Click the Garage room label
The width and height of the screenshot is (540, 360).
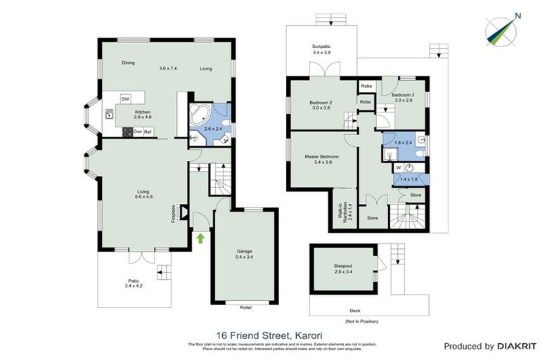tap(244, 254)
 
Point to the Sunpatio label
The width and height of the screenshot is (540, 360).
tap(321, 49)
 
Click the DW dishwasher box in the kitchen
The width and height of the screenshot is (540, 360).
tap(125, 98)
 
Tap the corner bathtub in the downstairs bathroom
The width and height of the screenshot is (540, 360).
tap(198, 114)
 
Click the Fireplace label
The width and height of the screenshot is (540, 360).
tap(173, 214)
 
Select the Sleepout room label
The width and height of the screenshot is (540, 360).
tap(344, 268)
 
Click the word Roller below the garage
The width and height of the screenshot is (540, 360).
tap(245, 307)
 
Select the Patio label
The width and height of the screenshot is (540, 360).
tap(132, 283)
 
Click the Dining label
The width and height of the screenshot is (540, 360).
tap(128, 63)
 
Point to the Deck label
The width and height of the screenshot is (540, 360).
tap(354, 310)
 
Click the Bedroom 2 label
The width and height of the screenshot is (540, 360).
tap(321, 105)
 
